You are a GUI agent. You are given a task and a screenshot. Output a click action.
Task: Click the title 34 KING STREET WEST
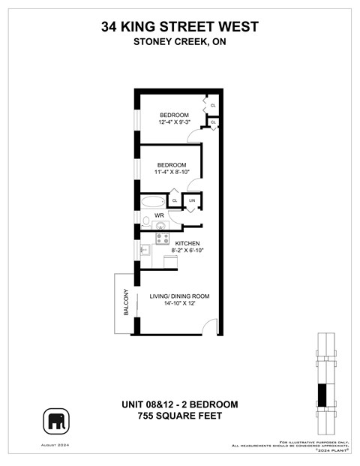(x=179, y=27)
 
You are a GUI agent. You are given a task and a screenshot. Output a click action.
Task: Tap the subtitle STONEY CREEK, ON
(x=179, y=42)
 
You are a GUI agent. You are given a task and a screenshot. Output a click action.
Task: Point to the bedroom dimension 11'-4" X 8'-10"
(x=177, y=173)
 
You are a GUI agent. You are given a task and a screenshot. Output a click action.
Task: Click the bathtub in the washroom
(x=152, y=201)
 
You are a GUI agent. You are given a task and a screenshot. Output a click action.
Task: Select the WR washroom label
(x=159, y=215)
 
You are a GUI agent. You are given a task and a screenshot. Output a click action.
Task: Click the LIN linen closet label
(x=193, y=201)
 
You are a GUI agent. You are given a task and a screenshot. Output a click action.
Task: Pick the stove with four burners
(x=161, y=238)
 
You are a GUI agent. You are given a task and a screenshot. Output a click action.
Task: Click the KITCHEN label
(x=187, y=243)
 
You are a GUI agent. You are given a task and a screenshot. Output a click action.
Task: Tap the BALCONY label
(x=126, y=302)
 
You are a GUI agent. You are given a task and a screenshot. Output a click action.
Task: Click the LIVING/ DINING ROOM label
(x=179, y=296)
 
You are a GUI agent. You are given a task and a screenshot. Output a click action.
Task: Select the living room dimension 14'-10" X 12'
(x=179, y=305)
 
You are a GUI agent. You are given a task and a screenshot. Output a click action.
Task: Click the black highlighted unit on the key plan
(x=322, y=395)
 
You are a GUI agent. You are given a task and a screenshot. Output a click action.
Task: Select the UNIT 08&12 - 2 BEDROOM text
(x=179, y=404)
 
